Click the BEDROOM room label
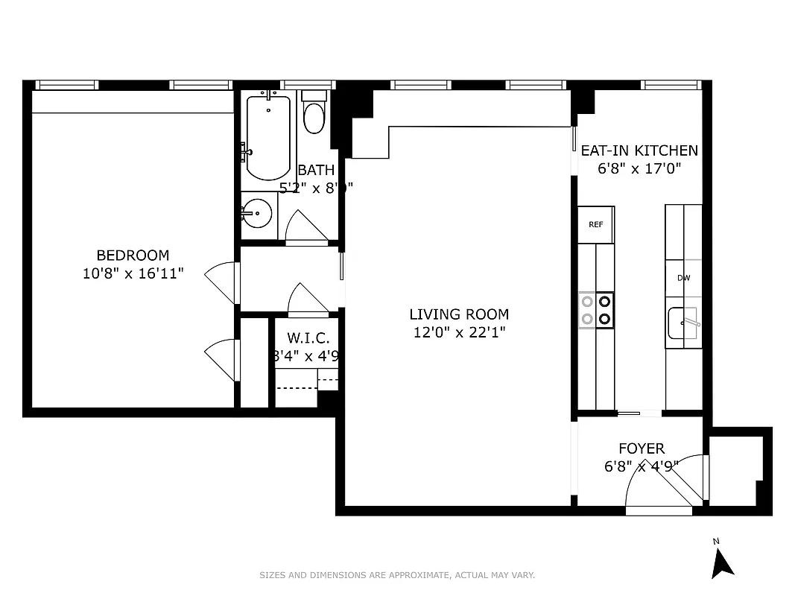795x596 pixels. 133,255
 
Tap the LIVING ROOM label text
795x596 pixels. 459,314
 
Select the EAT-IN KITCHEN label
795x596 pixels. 639,150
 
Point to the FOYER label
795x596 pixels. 641,448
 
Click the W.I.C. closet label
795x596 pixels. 307,338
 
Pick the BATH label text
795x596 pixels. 316,170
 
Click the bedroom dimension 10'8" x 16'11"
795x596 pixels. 133,273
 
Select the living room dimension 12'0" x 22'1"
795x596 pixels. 459,333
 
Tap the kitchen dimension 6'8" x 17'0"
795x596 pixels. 639,168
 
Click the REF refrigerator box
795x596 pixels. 596,224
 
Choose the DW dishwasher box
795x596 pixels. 683,278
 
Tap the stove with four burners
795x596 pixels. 596,311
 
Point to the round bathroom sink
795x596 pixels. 258,213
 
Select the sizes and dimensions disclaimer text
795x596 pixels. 397,575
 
